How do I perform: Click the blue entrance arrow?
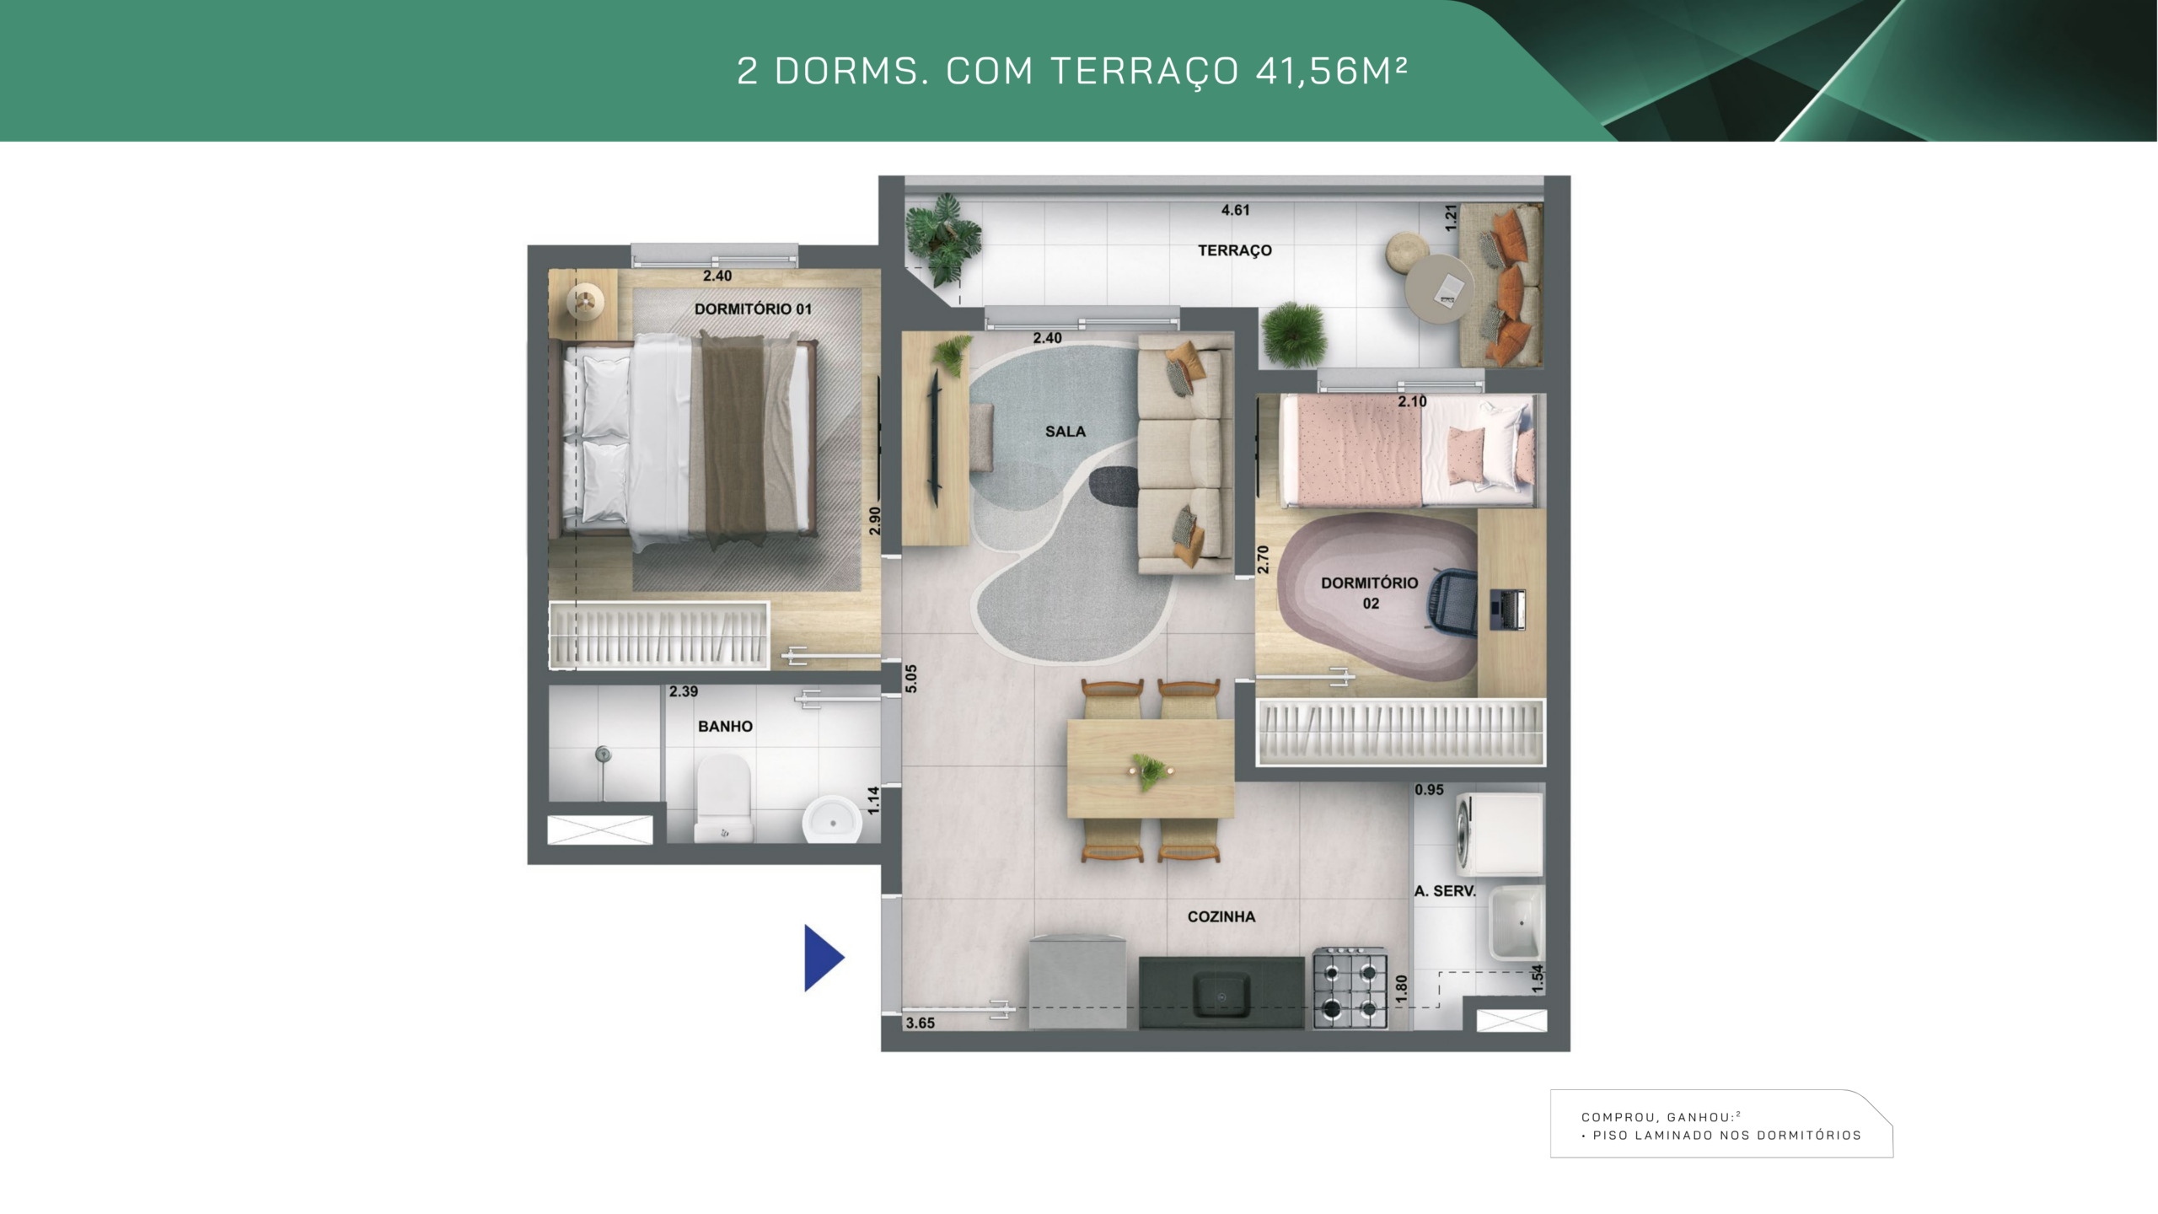pyautogui.click(x=823, y=958)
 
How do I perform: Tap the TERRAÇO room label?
pyautogui.click(x=1235, y=250)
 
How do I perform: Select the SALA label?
pyautogui.click(x=1066, y=432)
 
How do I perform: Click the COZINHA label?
pyautogui.click(x=1221, y=916)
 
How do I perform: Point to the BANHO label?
pyautogui.click(x=725, y=726)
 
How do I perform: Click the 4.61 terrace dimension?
pyautogui.click(x=1236, y=210)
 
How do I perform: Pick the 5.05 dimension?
pyautogui.click(x=910, y=679)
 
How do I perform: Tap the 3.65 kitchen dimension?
pyautogui.click(x=921, y=1023)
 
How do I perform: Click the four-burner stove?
pyautogui.click(x=1350, y=987)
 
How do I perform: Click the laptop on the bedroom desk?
pyautogui.click(x=1508, y=609)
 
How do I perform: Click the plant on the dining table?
pyautogui.click(x=1147, y=771)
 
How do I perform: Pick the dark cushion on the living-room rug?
pyautogui.click(x=1114, y=486)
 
